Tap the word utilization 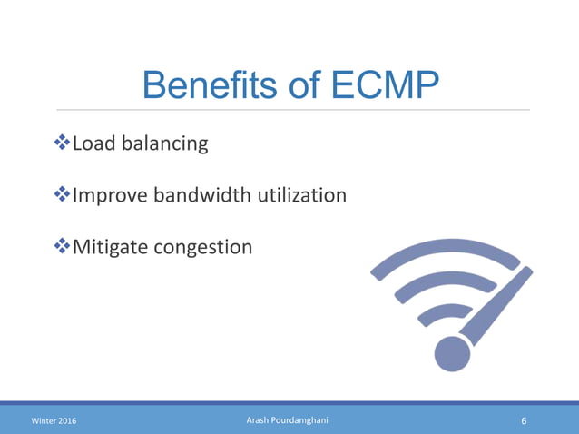coord(309,194)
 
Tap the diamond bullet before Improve coord(63,194)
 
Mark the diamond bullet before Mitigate coord(63,245)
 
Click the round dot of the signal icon coord(450,354)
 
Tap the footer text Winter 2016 coord(54,421)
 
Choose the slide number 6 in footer coord(525,421)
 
